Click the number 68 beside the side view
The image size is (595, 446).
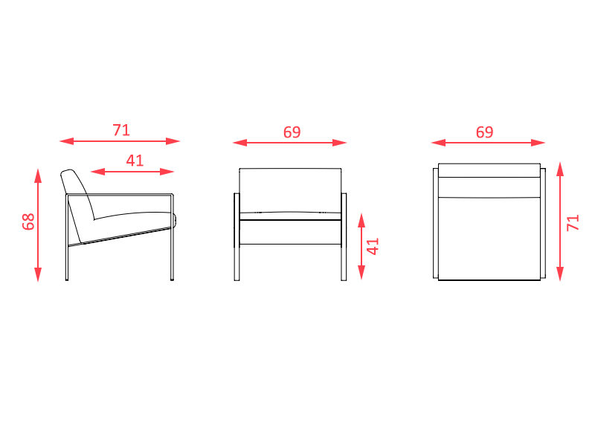pos(28,222)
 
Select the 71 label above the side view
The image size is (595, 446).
pos(121,130)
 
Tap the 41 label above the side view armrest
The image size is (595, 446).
pos(135,161)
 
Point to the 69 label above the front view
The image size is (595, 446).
pos(292,132)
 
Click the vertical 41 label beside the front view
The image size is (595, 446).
pos(373,246)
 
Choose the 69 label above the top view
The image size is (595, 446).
pos(485,132)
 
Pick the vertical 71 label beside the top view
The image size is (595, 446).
pos(573,222)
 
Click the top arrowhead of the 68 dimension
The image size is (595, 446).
pos(38,175)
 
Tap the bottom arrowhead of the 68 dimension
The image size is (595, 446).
pos(38,274)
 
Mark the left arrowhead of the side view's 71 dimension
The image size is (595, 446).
pos(66,141)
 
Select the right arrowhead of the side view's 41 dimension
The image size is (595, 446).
pos(167,172)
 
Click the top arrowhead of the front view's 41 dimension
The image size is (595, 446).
pos(361,220)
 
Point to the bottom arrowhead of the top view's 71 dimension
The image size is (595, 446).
pos(560,274)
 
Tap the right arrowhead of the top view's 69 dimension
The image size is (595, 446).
pos(538,143)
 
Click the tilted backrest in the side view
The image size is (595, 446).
pos(78,194)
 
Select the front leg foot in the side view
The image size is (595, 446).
pos(173,279)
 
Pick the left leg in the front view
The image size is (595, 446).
pos(237,237)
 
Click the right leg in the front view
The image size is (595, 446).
pos(344,237)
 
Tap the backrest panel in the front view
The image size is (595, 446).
pos(290,190)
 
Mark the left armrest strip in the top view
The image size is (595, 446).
pos(436,224)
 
